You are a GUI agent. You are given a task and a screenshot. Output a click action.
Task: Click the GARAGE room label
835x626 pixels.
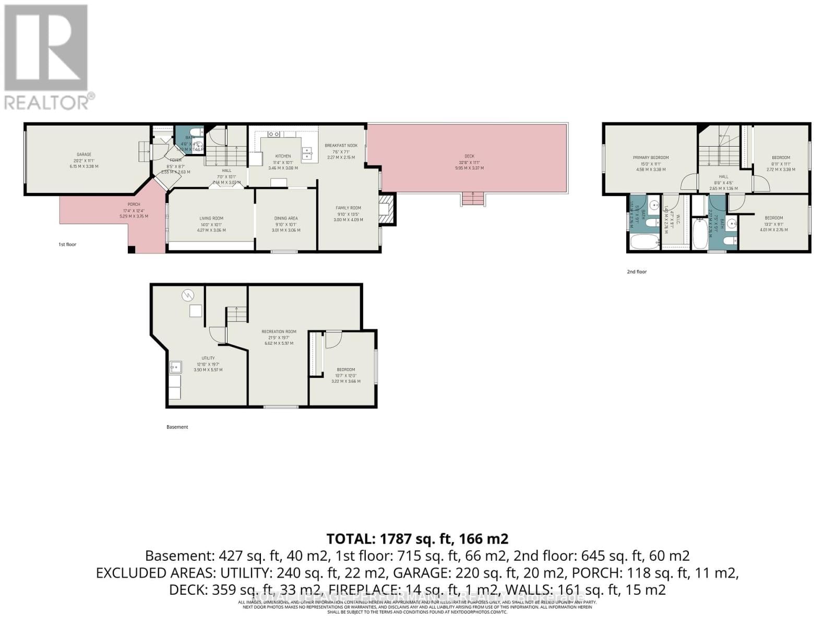pyautogui.click(x=84, y=154)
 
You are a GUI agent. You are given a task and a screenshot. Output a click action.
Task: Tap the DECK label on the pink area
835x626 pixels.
pyautogui.click(x=469, y=156)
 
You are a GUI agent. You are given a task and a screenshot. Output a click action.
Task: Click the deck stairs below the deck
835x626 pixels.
pyautogui.click(x=473, y=199)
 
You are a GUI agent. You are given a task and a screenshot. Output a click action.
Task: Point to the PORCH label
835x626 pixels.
pyautogui.click(x=134, y=204)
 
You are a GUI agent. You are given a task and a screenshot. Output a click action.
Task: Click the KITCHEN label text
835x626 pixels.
pyautogui.click(x=283, y=156)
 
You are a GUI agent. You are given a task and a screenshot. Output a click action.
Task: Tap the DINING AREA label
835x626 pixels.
pyautogui.click(x=285, y=219)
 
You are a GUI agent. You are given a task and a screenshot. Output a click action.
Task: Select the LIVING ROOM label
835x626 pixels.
pyautogui.click(x=211, y=219)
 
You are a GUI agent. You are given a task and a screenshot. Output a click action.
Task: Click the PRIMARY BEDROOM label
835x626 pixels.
pyautogui.click(x=650, y=158)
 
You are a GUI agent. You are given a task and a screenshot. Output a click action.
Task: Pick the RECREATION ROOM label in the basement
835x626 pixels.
pyautogui.click(x=279, y=331)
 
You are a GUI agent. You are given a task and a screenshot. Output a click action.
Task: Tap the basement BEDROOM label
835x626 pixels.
pyautogui.click(x=345, y=370)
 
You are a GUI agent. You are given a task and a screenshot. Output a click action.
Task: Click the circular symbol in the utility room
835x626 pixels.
pyautogui.click(x=187, y=296)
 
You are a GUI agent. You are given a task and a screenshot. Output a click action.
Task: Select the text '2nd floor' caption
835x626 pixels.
pyautogui.click(x=637, y=272)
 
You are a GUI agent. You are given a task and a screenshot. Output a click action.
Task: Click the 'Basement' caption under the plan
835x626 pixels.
pyautogui.click(x=177, y=427)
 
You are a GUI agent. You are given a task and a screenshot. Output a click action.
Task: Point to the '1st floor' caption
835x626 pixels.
pyautogui.click(x=67, y=244)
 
